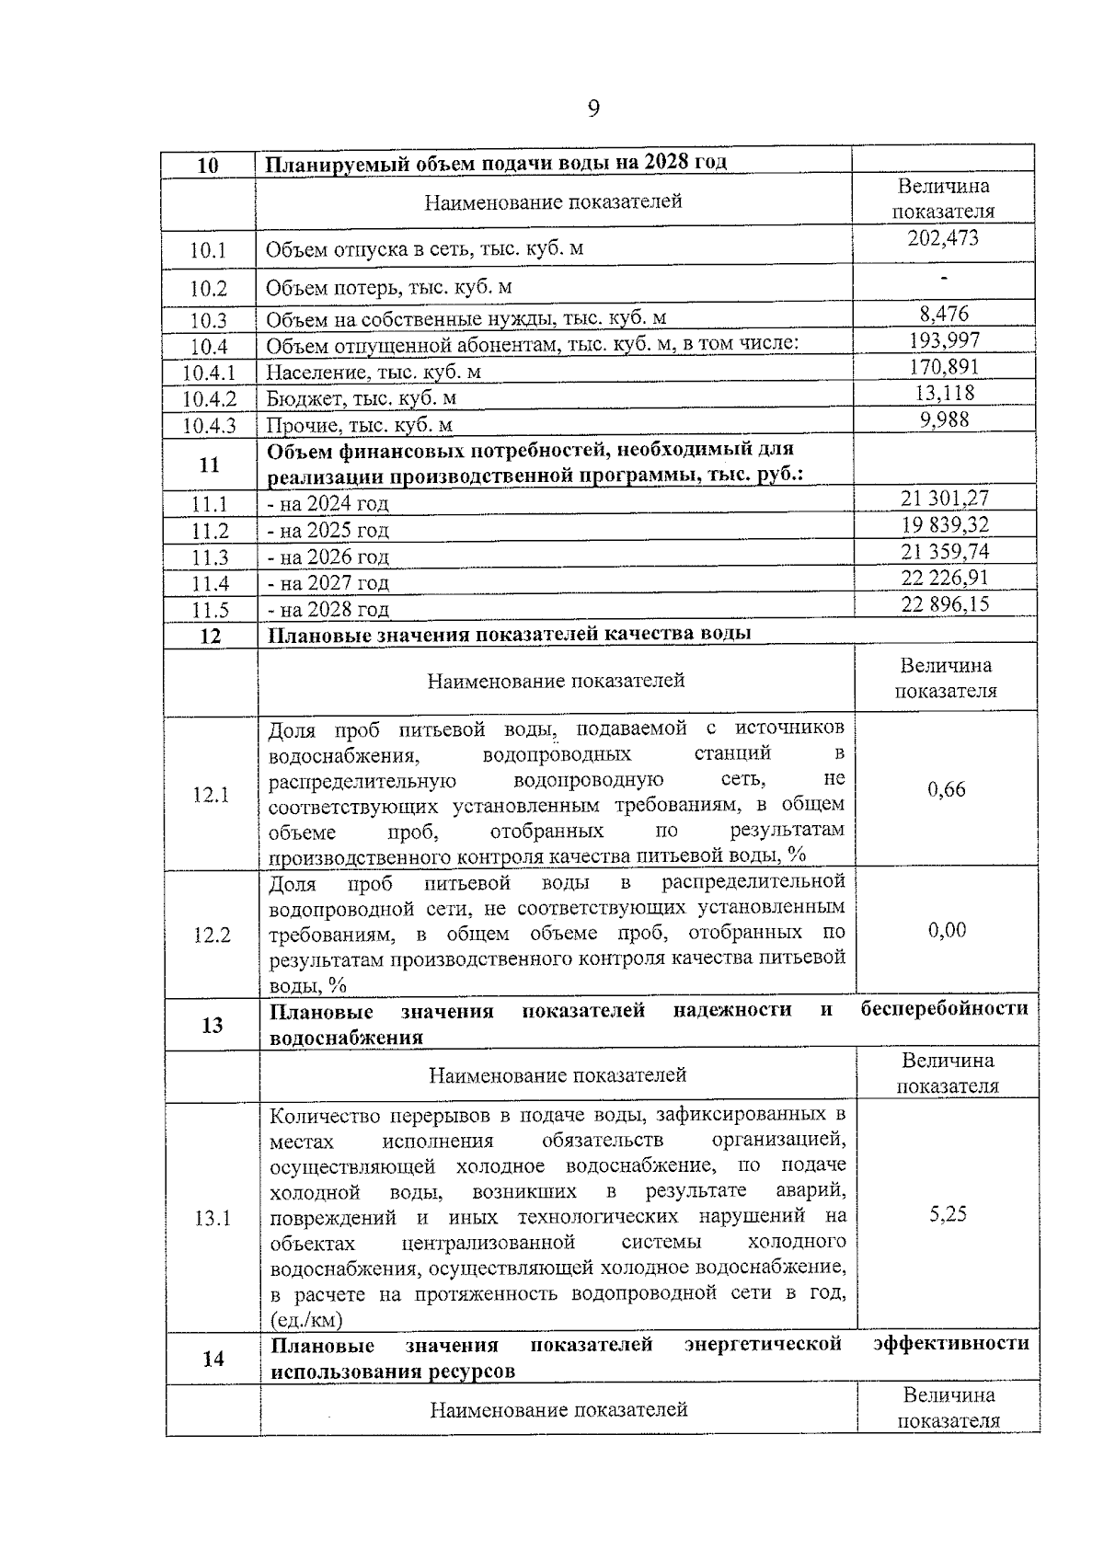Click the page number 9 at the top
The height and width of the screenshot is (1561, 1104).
593,109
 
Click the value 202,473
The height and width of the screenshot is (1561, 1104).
943,238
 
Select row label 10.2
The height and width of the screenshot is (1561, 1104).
209,288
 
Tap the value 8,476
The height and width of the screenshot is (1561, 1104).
944,314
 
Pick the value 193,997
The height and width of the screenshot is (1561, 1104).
944,340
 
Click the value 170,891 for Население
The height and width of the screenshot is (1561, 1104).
944,367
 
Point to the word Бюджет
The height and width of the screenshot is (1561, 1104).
302,398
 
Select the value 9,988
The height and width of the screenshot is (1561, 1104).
945,419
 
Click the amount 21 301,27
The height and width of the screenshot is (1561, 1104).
945,499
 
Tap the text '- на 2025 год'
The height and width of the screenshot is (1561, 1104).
328,531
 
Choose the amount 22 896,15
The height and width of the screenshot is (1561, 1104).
946,604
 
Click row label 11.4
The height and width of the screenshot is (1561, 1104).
211,584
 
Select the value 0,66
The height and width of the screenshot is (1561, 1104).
947,789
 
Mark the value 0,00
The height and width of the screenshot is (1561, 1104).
947,930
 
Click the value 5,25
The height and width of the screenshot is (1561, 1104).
948,1214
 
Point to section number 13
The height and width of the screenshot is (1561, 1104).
212,1024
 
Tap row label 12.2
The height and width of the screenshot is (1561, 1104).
212,935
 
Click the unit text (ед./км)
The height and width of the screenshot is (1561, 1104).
306,1320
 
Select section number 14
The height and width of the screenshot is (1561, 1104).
213,1358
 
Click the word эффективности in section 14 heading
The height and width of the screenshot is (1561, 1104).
950,1343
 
